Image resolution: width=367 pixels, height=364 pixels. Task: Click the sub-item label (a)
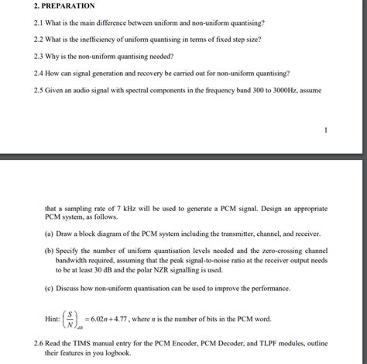[50, 233]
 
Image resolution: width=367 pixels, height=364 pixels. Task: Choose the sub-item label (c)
[50, 288]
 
